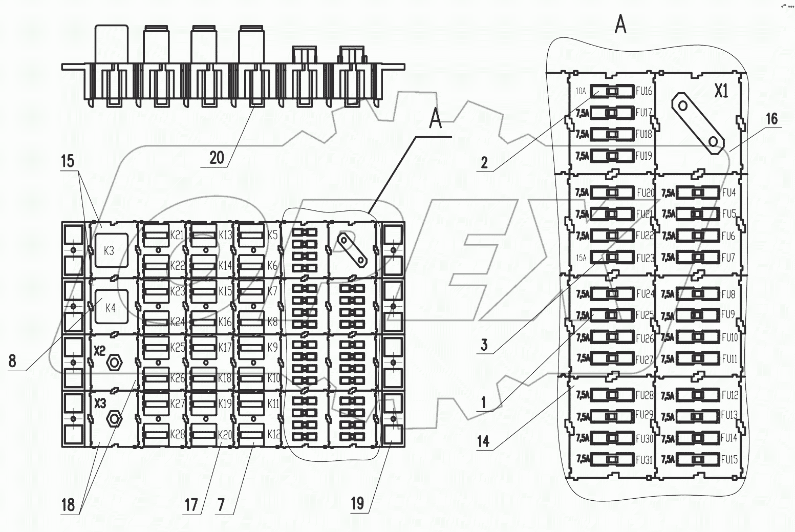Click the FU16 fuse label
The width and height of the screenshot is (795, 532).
coord(644,92)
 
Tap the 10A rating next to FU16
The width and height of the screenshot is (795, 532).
coord(581,92)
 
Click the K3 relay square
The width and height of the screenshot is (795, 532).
coord(110,251)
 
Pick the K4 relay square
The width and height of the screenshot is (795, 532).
coord(111,307)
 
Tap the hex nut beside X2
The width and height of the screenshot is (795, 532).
coord(114,363)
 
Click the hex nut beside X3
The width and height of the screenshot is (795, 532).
coord(114,419)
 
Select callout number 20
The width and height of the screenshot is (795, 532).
coord(217,157)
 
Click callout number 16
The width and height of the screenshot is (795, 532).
coord(771,119)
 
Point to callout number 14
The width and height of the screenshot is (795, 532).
coord(483,441)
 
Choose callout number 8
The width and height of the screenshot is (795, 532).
coord(12,361)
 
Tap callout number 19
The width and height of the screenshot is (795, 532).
coord(357,503)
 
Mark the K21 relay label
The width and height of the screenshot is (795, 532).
coord(177,235)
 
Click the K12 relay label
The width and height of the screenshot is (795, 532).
coord(274,434)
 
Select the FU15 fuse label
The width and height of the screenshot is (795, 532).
coord(729,460)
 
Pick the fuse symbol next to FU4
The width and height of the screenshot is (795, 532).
coord(697,193)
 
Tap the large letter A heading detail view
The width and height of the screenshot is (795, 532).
coord(620,24)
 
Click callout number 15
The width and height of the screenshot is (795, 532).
coord(68,162)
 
